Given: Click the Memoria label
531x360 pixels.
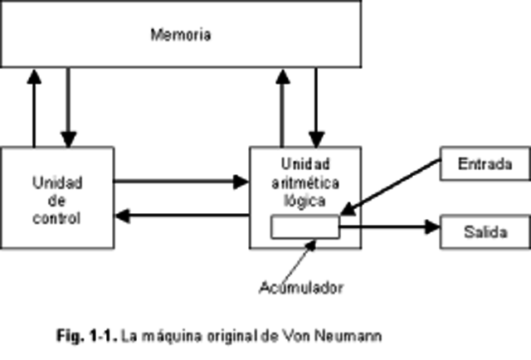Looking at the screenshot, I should (x=181, y=35).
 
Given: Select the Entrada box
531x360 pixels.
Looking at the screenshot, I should (x=485, y=163).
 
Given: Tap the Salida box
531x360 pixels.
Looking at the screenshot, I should (x=485, y=231).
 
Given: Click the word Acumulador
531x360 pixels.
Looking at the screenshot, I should (x=300, y=288).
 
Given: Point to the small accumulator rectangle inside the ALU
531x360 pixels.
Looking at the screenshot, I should (x=305, y=226).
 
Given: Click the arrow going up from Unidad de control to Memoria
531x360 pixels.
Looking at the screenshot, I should (x=34, y=108).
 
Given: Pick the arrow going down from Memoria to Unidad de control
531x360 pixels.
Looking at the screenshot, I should (x=69, y=108).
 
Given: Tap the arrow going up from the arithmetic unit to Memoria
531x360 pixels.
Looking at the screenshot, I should (x=282, y=108).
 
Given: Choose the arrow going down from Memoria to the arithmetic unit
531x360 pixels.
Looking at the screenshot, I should (x=315, y=108).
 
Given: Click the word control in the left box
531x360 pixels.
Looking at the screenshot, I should (x=57, y=220).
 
